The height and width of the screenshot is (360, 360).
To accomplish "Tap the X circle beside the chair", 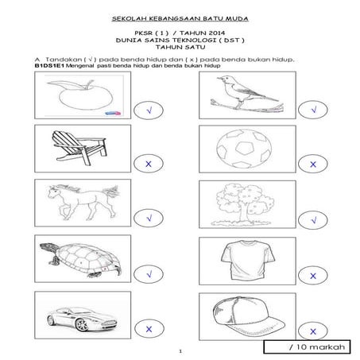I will (x=149, y=165).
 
